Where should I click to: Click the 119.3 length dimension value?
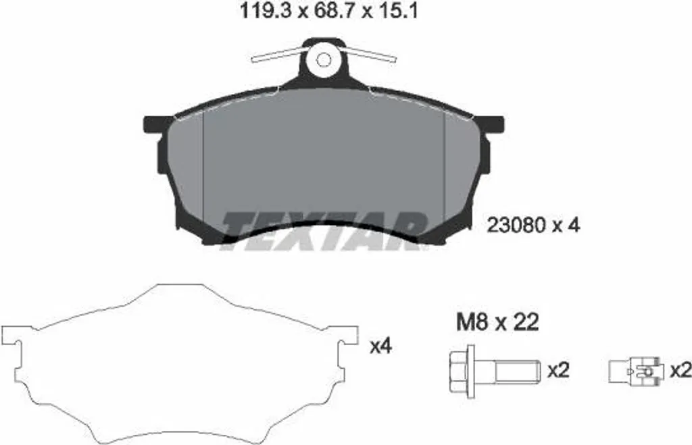266,11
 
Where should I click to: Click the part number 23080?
516,226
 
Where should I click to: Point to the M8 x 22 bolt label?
497,322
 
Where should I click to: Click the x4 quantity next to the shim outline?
380,346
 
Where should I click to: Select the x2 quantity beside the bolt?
559,370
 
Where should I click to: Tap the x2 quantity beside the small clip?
681,371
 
